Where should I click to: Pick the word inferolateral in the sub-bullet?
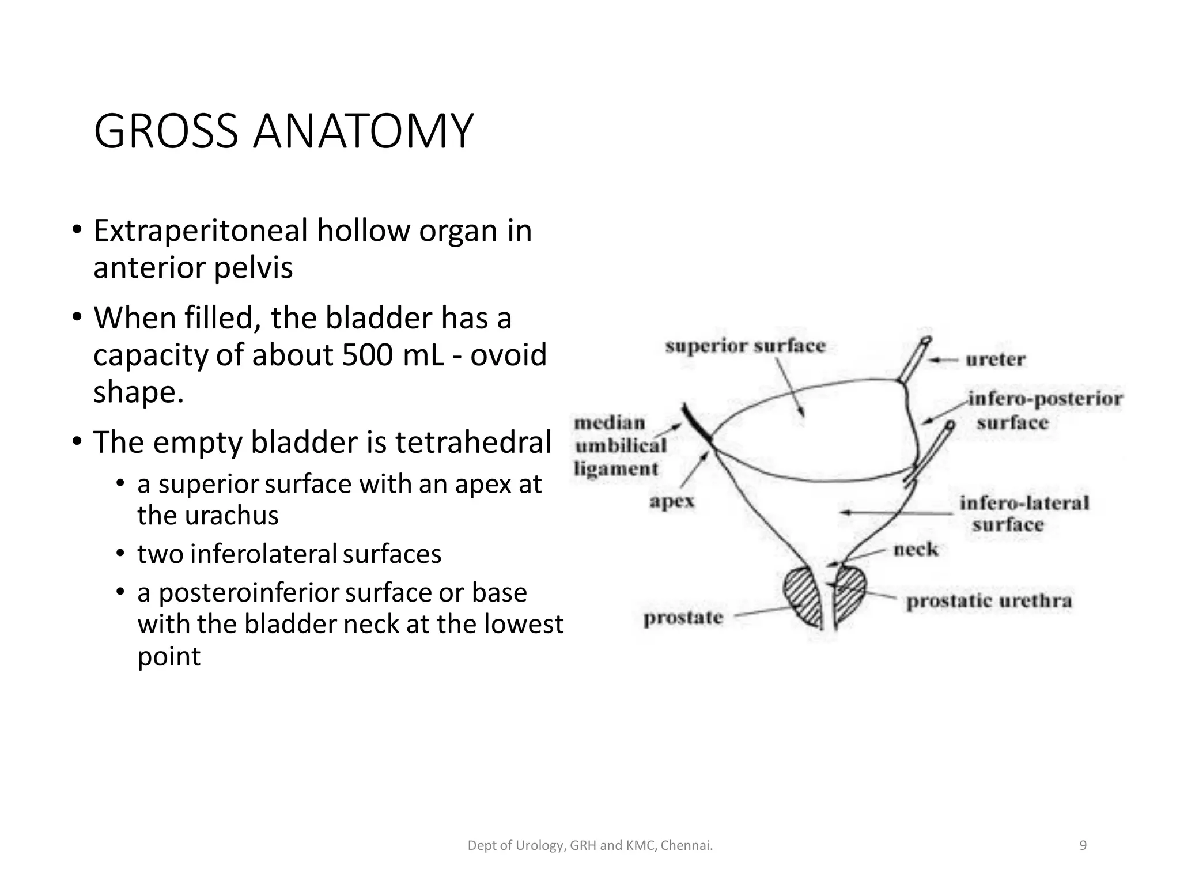[263, 554]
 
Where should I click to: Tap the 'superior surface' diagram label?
[745, 346]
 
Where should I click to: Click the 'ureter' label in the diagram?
[995, 360]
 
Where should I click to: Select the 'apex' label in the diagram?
[672, 501]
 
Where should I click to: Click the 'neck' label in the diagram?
[916, 550]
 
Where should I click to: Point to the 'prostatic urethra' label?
[989, 602]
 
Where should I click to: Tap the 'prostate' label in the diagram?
[683, 618]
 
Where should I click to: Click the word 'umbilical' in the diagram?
[621, 445]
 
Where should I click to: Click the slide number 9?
[1083, 845]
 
